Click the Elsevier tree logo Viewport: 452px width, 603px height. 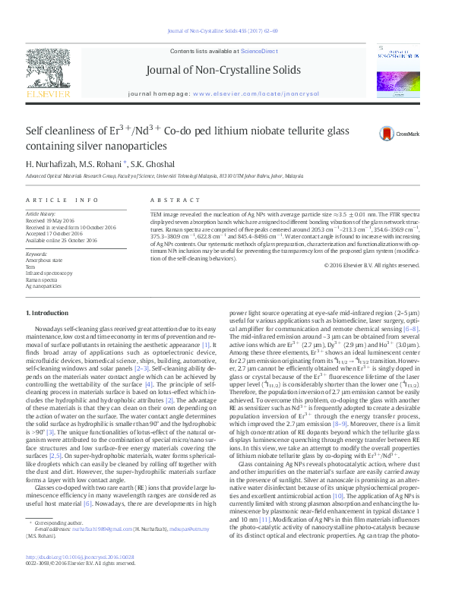(x=49, y=71)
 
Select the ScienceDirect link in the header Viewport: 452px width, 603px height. (x=259, y=50)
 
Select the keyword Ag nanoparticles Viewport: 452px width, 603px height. (x=43, y=286)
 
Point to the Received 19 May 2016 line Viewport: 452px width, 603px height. (x=53, y=221)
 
